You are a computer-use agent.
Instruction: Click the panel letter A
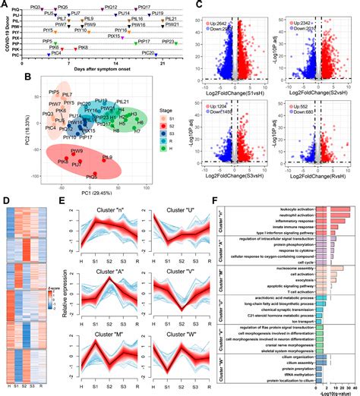[x=5, y=5]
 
